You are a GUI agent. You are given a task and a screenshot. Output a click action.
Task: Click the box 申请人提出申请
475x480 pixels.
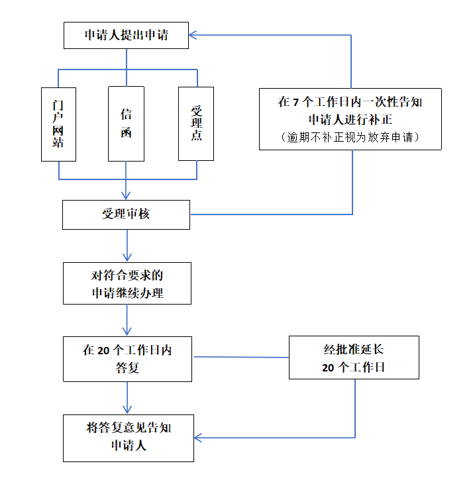pos(126,35)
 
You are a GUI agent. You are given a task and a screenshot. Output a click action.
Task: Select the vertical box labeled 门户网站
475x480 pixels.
pos(58,124)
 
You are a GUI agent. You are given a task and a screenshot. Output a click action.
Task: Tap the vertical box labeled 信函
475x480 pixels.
pos(126,124)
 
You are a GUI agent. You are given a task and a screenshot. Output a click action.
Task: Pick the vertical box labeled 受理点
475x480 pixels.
pos(196,124)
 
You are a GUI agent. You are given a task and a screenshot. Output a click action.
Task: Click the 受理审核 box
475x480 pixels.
pos(126,215)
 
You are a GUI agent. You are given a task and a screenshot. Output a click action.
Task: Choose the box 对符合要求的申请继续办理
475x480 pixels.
pos(127,283)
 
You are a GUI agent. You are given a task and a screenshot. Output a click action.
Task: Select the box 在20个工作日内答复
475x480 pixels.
pos(127,359)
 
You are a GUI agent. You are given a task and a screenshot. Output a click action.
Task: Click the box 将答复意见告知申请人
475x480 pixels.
pos(129,437)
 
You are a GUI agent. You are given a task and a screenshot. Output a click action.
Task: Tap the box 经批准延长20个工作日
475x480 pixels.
pos(354,357)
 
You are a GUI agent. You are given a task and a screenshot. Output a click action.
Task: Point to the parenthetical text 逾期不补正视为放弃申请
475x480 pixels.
pos(350,137)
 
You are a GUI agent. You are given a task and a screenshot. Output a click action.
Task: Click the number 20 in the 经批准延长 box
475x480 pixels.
pos(328,368)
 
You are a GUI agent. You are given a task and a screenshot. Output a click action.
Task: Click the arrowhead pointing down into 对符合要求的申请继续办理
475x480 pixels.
pos(127,257)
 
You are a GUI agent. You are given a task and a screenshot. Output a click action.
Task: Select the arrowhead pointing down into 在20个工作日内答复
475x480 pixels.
pos(127,331)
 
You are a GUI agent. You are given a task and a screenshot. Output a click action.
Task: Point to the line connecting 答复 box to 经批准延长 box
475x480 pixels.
pos(240,358)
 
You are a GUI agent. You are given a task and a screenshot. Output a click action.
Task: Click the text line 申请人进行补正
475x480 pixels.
pos(350,120)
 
